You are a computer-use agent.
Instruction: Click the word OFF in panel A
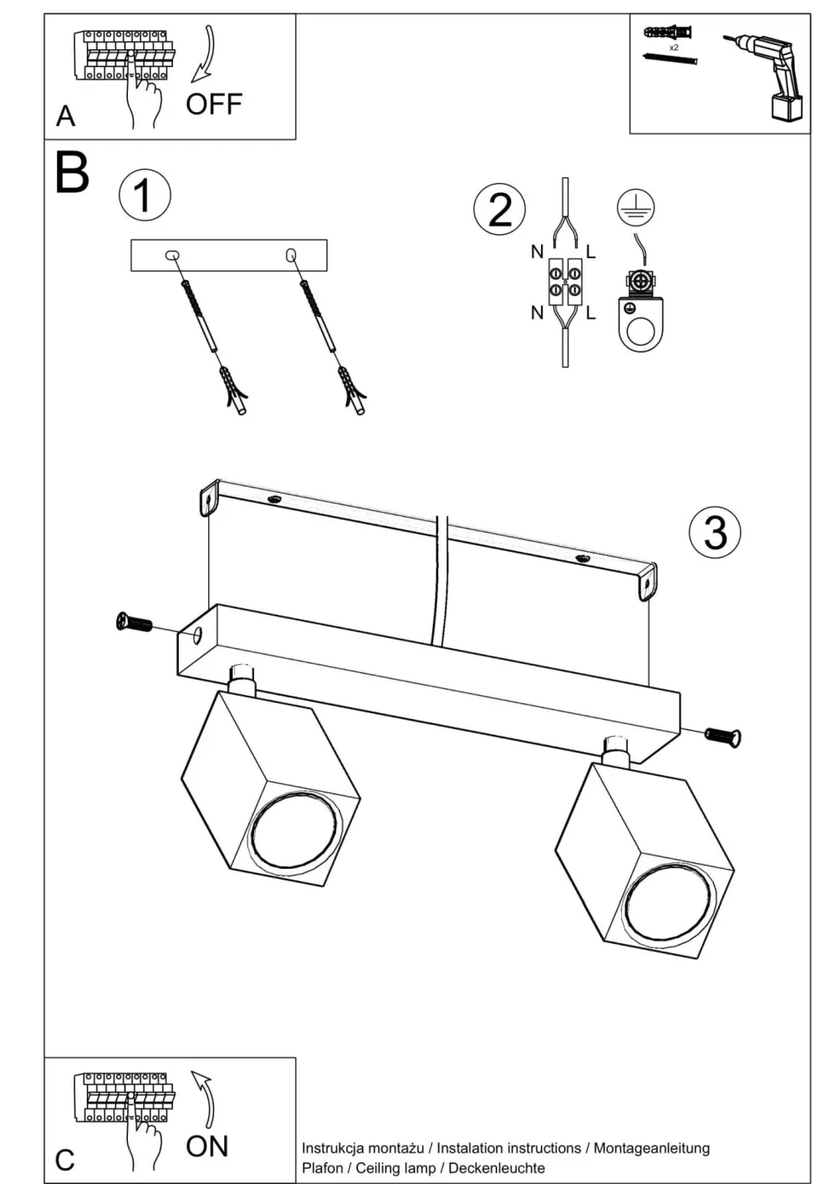pos(213,105)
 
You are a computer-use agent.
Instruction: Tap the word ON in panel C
pos(206,1146)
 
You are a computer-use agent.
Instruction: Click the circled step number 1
pos(144,196)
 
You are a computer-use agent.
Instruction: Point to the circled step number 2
pos(500,209)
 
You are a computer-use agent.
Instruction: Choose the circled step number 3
pos(715,533)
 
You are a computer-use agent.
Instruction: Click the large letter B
pos(72,172)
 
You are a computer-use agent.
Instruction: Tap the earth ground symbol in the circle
pos(635,207)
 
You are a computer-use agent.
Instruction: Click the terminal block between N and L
pos(564,280)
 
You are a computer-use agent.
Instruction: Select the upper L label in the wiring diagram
pos(591,251)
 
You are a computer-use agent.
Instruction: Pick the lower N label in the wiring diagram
pos(537,313)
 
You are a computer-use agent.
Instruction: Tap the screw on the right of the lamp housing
pos(724,737)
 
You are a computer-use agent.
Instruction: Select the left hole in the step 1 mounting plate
pos(172,253)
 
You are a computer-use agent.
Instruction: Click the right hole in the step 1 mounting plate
pos(291,253)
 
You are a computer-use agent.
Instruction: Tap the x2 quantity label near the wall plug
pos(674,47)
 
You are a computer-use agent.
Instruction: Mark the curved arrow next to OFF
pos(203,55)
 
